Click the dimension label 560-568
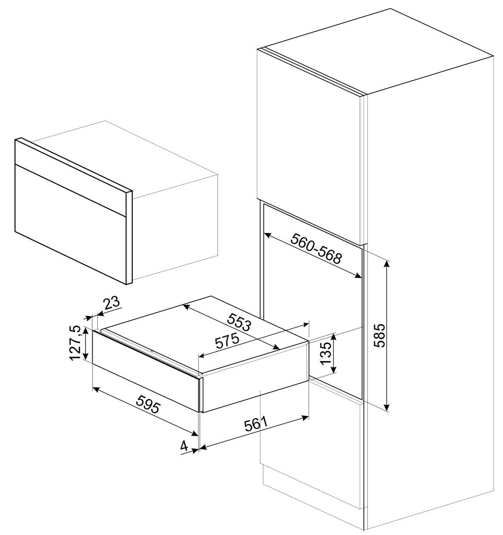click(316, 249)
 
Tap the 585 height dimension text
click(380, 335)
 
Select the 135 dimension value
click(326, 353)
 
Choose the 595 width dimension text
click(147, 403)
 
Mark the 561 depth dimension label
click(256, 424)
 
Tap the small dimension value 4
click(184, 446)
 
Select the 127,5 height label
click(75, 343)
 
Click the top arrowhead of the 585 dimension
click(387, 263)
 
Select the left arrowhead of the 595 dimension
click(96, 389)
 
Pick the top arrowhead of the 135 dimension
click(334, 337)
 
